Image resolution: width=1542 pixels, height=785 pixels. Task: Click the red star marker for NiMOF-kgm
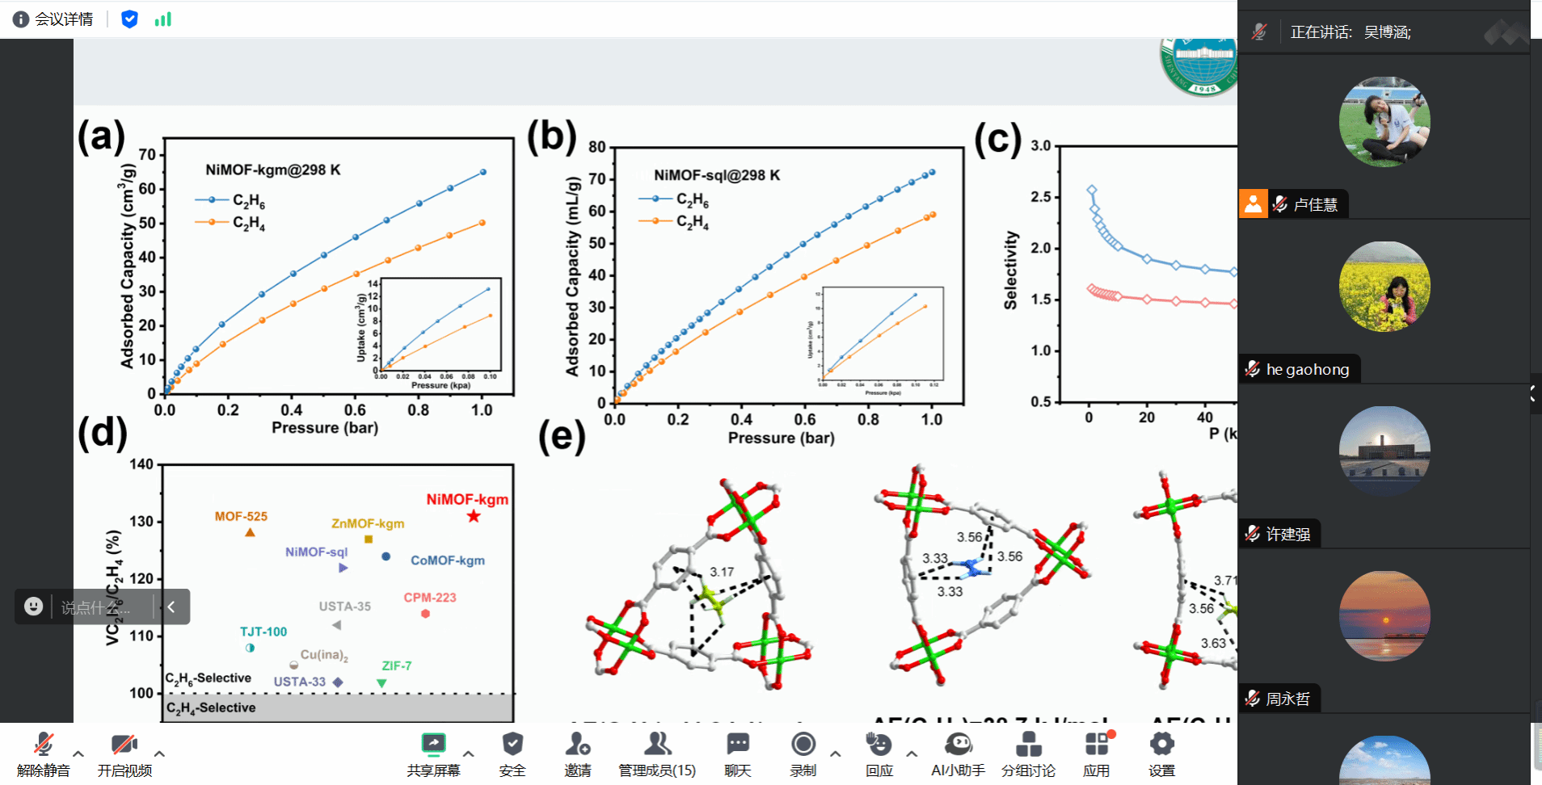click(x=474, y=516)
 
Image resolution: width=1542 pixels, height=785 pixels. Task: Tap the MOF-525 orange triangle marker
click(x=250, y=532)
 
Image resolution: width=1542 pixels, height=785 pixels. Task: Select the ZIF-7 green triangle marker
click(x=381, y=683)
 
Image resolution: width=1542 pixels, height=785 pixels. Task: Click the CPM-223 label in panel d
click(x=430, y=598)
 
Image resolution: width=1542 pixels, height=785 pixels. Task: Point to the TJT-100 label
click(x=263, y=632)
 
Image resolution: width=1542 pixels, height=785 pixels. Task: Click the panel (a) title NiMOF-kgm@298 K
click(x=273, y=170)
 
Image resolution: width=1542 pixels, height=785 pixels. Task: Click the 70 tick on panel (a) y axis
click(x=147, y=154)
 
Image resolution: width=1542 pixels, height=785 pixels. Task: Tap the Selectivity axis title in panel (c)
click(x=1010, y=271)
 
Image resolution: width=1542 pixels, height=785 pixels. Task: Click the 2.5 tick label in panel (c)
click(x=1041, y=197)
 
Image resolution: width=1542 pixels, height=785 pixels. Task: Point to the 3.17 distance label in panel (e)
click(x=722, y=572)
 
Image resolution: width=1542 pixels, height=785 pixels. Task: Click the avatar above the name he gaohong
click(x=1384, y=287)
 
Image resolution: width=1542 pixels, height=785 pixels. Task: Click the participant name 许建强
click(x=1287, y=534)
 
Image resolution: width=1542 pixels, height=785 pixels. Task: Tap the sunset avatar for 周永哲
click(x=1384, y=616)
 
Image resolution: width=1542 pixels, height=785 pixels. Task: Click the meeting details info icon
click(x=21, y=19)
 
